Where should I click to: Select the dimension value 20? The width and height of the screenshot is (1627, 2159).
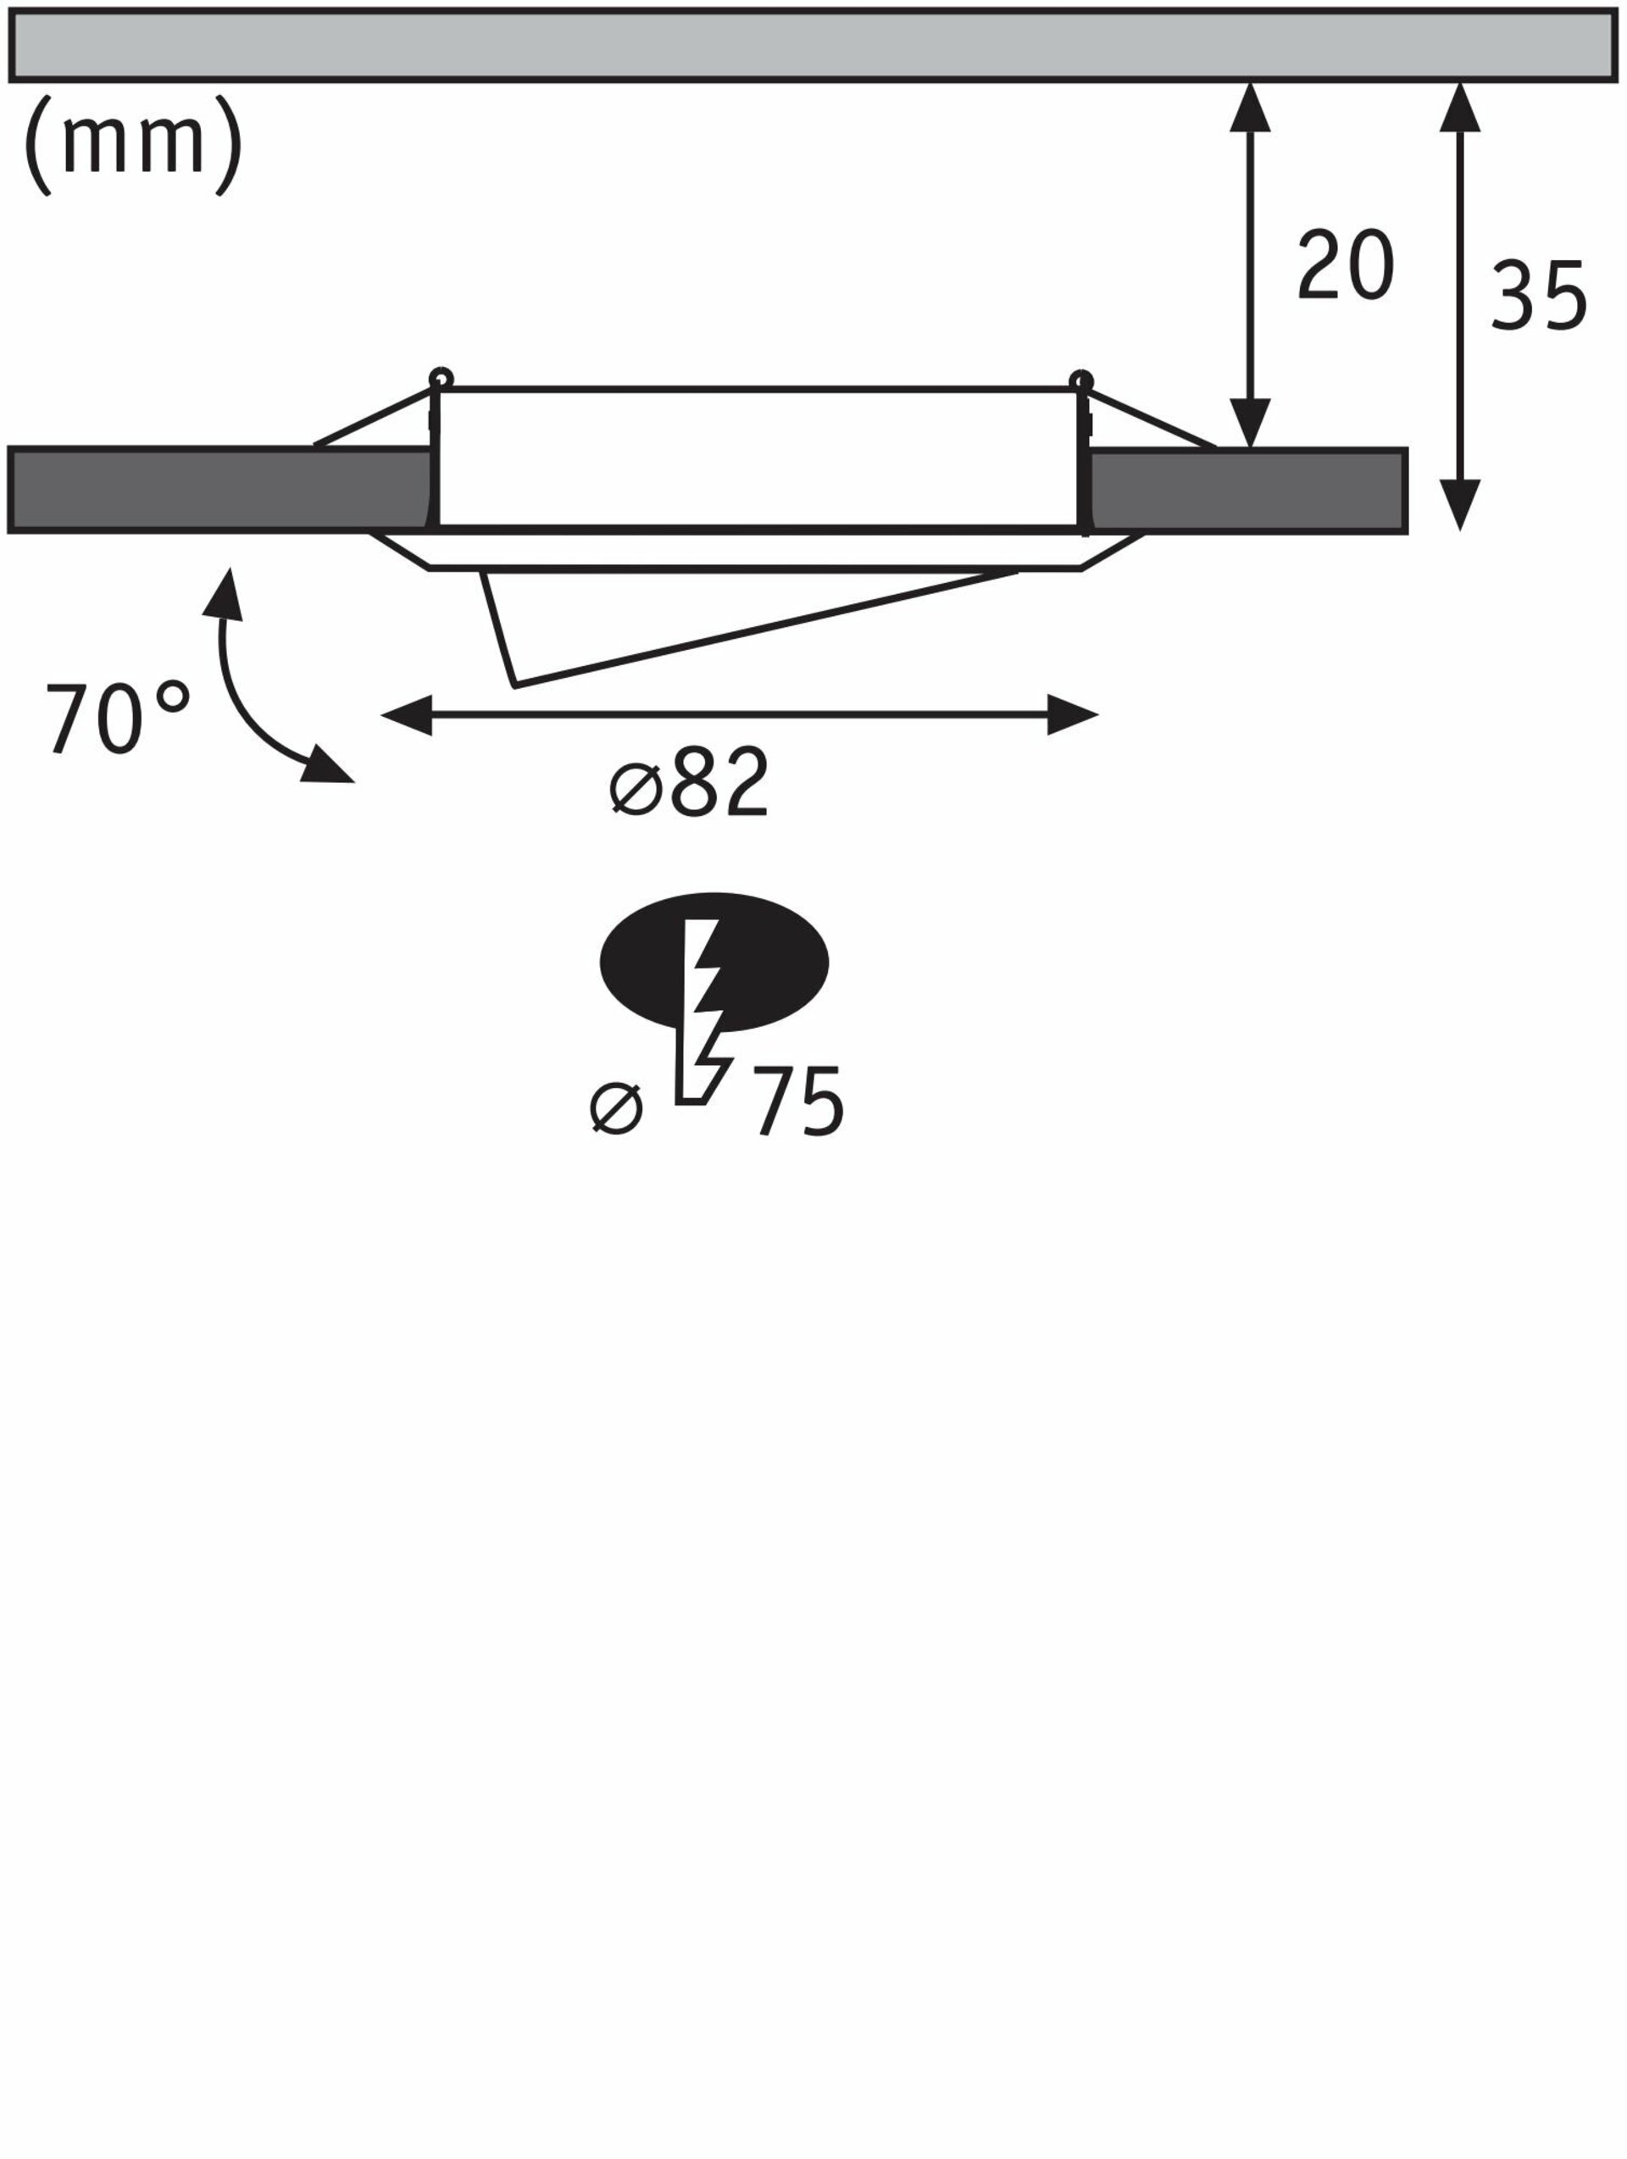(1345, 264)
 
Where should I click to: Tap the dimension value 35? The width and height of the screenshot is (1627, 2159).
(1538, 295)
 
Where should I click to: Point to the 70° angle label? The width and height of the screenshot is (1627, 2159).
(118, 719)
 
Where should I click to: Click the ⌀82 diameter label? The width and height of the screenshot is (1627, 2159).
(689, 782)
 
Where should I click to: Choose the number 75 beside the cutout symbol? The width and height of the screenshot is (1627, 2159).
(798, 1101)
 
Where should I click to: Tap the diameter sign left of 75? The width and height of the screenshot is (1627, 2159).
(617, 1109)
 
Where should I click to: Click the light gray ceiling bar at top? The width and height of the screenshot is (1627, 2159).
(812, 46)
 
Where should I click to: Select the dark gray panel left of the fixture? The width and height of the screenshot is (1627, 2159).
(219, 490)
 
